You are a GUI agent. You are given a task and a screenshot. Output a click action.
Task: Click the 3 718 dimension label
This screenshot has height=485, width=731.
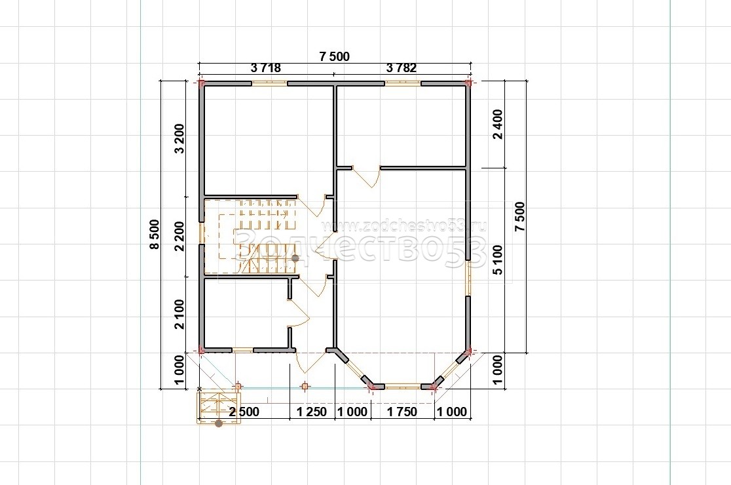pos(266,68)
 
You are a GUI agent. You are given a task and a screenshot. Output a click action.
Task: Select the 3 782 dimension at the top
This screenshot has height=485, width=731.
pos(402,68)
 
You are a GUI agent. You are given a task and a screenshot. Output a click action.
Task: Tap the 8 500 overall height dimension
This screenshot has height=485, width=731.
pos(155,234)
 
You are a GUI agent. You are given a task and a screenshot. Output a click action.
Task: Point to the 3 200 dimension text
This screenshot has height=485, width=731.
pos(179,138)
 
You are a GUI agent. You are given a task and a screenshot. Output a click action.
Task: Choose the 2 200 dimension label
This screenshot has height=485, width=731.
pos(179,237)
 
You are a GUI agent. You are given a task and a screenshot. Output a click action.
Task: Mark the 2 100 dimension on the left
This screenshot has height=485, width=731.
pos(179,315)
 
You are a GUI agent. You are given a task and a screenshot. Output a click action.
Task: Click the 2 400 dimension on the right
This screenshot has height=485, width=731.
pos(498,124)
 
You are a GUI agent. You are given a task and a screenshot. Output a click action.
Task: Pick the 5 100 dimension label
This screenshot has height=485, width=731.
pos(498,260)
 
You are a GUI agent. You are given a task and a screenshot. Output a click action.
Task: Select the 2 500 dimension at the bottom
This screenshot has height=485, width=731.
pos(244,412)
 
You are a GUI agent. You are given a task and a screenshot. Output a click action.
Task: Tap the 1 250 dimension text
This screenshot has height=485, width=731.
pos(312,412)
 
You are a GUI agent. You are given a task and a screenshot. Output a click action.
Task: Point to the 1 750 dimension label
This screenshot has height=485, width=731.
pos(402,412)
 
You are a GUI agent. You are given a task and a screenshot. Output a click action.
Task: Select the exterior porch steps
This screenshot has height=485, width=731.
pos(218,407)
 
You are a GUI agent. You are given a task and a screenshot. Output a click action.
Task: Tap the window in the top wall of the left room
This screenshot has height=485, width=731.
pos(269,83)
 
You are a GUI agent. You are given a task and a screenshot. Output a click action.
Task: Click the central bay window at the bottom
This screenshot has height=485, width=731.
pos(403,386)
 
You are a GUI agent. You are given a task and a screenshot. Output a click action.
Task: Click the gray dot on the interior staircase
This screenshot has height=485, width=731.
pos(295,258)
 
